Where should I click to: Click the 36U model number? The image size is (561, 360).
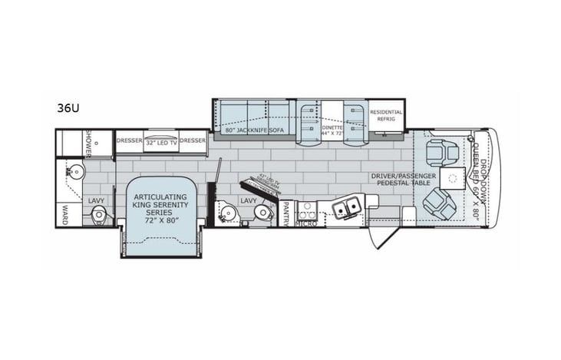tap(68, 108)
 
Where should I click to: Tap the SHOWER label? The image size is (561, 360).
tap(89, 140)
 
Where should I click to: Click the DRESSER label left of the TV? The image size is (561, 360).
tap(128, 140)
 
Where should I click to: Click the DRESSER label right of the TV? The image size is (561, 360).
tap(193, 140)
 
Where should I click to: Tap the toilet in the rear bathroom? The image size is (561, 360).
tap(97, 216)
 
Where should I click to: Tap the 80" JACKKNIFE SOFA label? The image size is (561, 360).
tap(253, 131)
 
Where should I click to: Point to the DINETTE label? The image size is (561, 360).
tap(332, 128)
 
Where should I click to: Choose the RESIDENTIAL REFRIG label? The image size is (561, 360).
tap(386, 115)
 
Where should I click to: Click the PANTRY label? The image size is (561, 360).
tap(285, 213)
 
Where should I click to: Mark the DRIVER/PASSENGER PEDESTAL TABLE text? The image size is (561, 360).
tap(404, 180)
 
